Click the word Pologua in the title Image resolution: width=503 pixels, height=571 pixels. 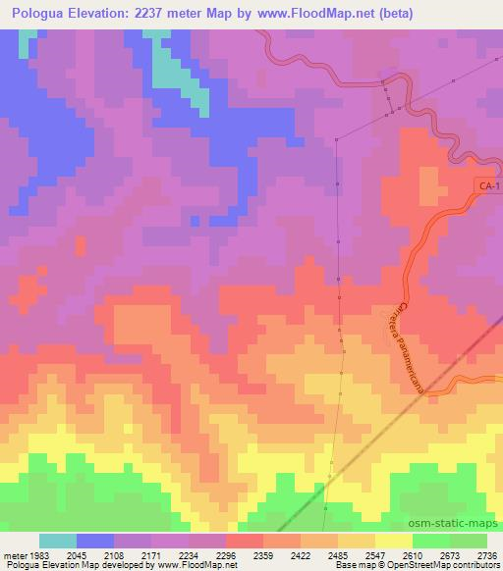41,14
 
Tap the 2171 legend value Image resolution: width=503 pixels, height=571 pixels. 150,554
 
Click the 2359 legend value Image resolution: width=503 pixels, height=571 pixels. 262,554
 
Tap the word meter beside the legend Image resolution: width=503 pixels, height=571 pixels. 14,554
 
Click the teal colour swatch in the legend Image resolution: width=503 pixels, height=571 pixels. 58,541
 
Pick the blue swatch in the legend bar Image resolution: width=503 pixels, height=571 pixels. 95,541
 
